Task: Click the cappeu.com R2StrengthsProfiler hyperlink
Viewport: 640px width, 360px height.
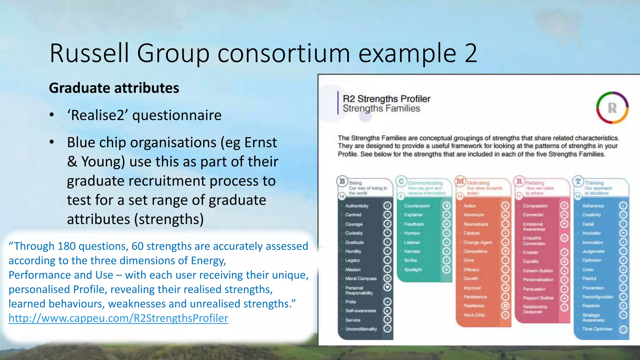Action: click(118, 318)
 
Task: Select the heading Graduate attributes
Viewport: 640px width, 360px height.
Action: click(114, 88)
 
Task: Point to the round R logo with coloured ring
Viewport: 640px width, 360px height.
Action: click(612, 108)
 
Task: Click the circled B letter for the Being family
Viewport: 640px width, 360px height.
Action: click(342, 181)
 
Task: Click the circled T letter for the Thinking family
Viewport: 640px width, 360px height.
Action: click(578, 181)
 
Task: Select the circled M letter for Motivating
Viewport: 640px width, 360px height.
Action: click(460, 181)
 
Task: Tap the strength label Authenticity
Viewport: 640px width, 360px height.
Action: click(357, 206)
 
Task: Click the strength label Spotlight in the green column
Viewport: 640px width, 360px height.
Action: click(412, 269)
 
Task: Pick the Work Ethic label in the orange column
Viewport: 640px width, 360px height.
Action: click(474, 315)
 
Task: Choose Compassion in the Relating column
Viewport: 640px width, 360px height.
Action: click(535, 206)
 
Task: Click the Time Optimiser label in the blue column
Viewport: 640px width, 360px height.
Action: click(597, 329)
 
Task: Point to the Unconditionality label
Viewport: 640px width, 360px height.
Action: click(361, 329)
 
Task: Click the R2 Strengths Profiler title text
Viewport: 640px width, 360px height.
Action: click(386, 99)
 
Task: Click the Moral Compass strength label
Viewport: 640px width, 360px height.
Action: click(361, 278)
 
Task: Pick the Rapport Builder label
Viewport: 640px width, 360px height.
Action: click(538, 298)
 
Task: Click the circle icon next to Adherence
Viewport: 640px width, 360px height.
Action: click(623, 206)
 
